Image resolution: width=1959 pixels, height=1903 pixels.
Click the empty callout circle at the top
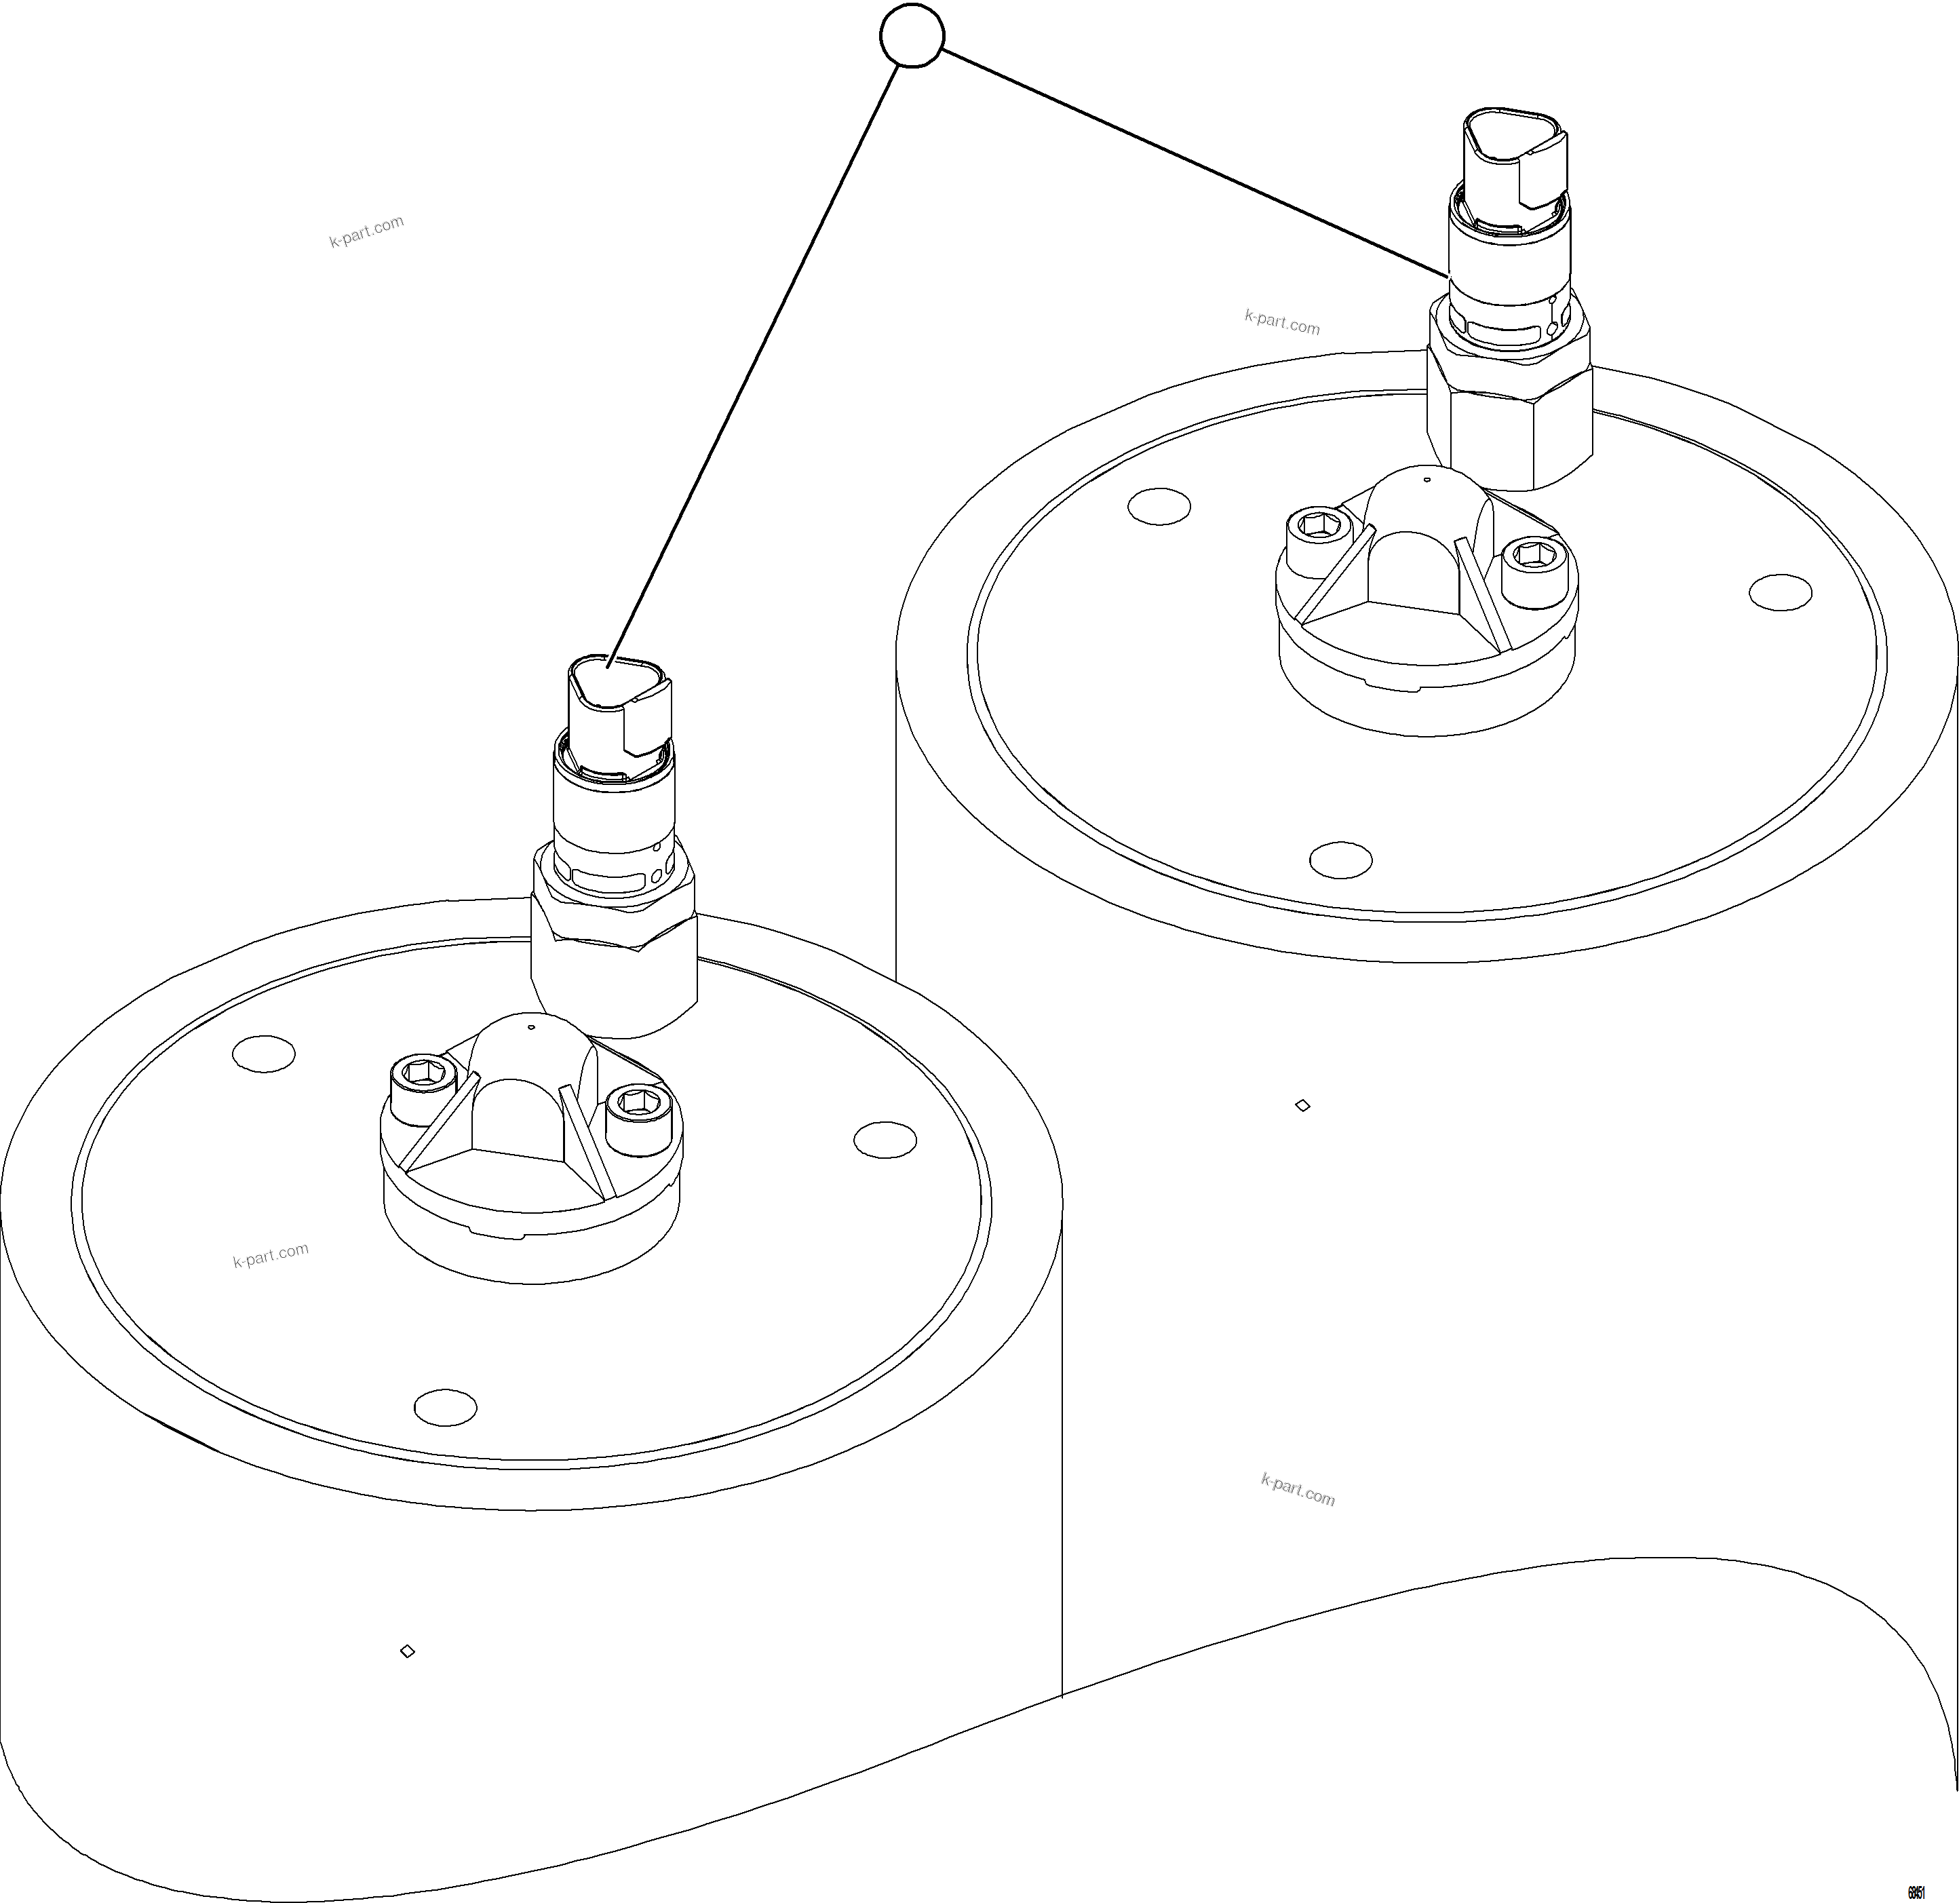click(x=912, y=36)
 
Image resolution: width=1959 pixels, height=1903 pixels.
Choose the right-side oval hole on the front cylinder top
click(x=885, y=1139)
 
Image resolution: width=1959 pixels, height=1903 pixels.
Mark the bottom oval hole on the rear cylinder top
click(x=1340, y=858)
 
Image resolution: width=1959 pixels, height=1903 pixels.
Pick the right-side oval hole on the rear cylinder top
click(x=1780, y=592)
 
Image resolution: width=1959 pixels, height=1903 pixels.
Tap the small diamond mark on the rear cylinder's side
click(x=1302, y=1104)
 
